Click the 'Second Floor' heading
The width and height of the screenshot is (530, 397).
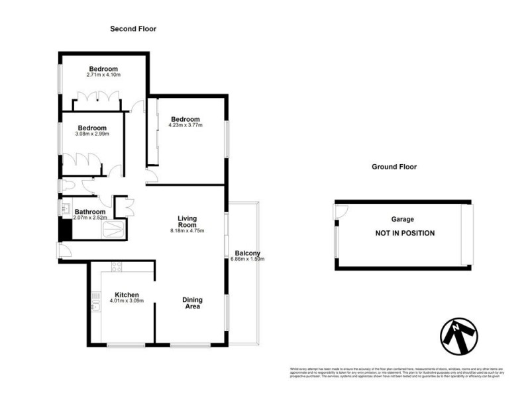pos(133,29)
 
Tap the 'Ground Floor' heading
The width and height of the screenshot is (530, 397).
pos(394,167)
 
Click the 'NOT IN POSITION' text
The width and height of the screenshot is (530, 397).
pos(405,233)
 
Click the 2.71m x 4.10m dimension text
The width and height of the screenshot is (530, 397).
pos(104,75)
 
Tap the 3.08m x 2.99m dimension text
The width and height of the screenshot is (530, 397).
pos(92,134)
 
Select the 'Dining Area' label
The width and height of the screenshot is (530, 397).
pos(191,303)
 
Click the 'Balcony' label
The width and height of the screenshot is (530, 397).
pos(248,253)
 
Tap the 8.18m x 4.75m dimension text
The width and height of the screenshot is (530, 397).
pos(187,231)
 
